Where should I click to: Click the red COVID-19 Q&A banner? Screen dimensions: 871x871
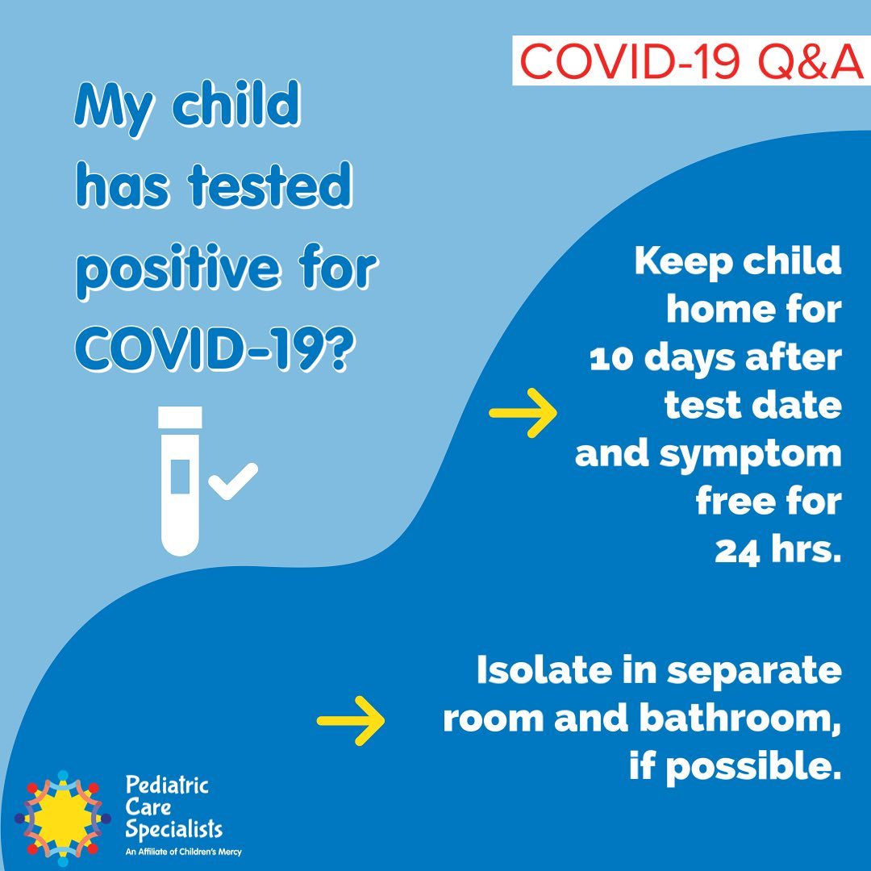click(691, 60)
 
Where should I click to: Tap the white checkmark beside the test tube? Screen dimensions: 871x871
click(233, 481)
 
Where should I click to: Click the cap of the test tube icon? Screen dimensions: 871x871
click(180, 417)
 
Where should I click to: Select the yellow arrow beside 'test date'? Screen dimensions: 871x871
click(523, 413)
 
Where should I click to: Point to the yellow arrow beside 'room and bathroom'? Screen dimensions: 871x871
click(351, 720)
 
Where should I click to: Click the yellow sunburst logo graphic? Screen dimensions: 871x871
click(62, 819)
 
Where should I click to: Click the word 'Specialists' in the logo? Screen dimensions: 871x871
click(174, 829)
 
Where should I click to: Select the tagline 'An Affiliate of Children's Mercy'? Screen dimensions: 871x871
click(183, 852)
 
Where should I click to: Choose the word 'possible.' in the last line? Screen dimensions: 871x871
click(754, 768)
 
